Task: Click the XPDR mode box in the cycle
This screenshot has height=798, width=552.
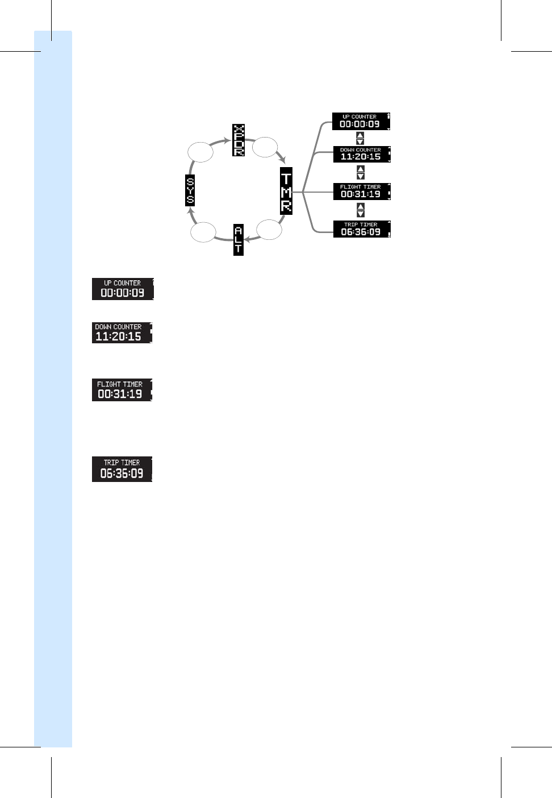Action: coord(239,140)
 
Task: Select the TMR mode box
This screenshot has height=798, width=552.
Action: coord(286,191)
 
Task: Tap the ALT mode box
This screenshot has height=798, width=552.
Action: coord(239,239)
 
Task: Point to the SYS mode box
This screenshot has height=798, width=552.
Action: coord(190,191)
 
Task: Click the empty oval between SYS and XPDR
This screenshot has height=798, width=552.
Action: coord(200,152)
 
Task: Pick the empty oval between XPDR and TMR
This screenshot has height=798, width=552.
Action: coord(265,147)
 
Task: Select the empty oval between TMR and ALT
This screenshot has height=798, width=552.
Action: coord(269,230)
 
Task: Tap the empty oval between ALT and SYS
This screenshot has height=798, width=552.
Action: coord(203,232)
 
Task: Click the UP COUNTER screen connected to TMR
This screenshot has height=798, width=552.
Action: coord(361,121)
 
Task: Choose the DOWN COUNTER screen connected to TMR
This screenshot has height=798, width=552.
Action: coord(362,154)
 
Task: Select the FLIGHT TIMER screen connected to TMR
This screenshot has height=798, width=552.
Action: coord(362,192)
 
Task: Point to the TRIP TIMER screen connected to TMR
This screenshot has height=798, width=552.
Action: coord(362,229)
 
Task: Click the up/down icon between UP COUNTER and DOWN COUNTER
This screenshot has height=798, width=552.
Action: coord(360,138)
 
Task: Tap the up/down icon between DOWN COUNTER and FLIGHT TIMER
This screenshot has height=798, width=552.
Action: coord(361,172)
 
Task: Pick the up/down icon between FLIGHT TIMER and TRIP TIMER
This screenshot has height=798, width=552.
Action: coord(361,210)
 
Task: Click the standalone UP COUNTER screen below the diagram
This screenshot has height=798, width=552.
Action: coord(123,289)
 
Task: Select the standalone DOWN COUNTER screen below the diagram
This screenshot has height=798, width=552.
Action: coord(122,332)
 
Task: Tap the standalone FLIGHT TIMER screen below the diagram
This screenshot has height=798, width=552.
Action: coord(122,390)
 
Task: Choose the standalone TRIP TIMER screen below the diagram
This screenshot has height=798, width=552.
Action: coord(122,469)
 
